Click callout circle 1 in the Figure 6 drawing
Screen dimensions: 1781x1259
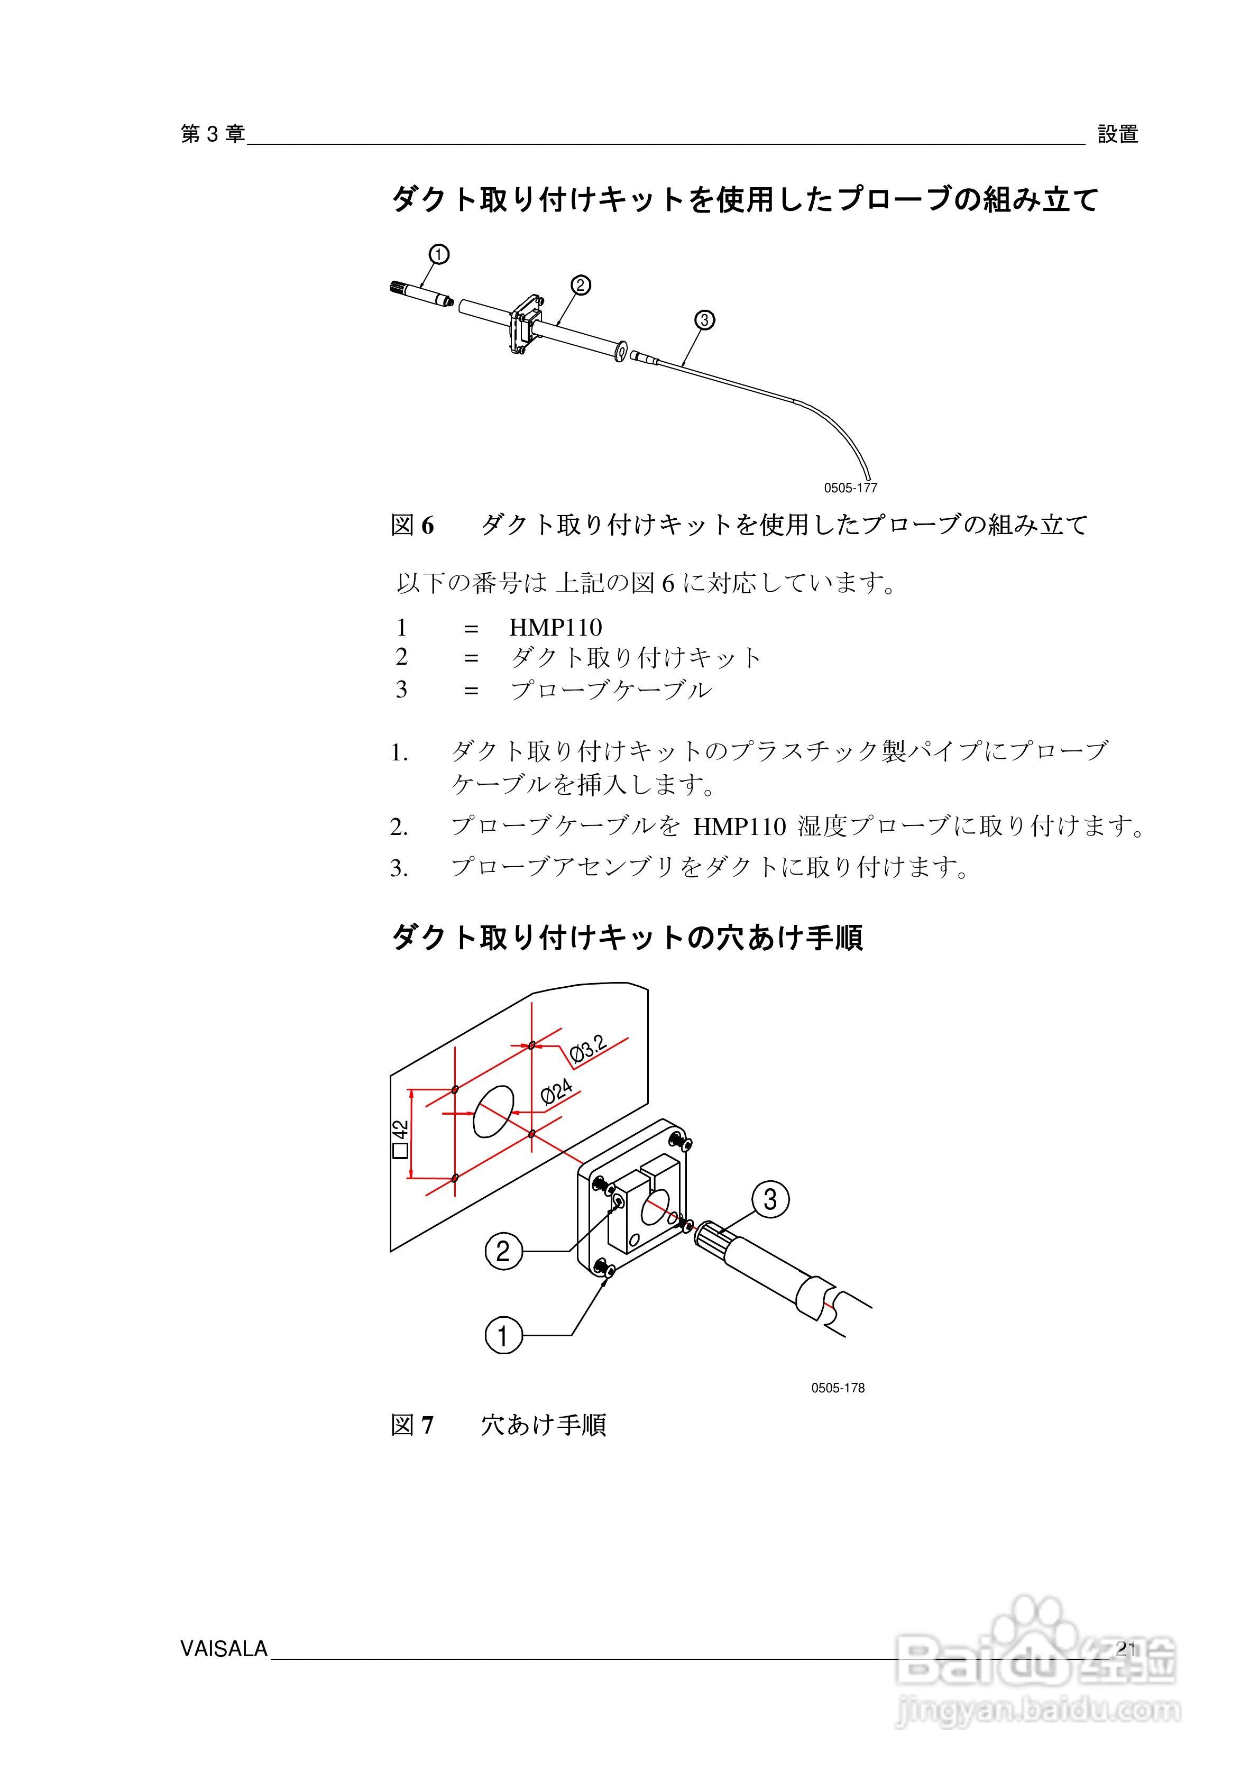[438, 254]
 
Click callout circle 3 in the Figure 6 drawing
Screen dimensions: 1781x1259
[704, 319]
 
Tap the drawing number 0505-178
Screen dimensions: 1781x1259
[838, 1388]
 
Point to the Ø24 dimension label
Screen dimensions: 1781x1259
[556, 1092]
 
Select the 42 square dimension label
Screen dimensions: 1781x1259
[400, 1138]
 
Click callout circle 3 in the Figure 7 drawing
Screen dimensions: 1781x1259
[769, 1200]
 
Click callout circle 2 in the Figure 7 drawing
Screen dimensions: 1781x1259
[503, 1251]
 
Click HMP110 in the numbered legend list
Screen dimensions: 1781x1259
[555, 627]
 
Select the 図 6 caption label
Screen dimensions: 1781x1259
[412, 525]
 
